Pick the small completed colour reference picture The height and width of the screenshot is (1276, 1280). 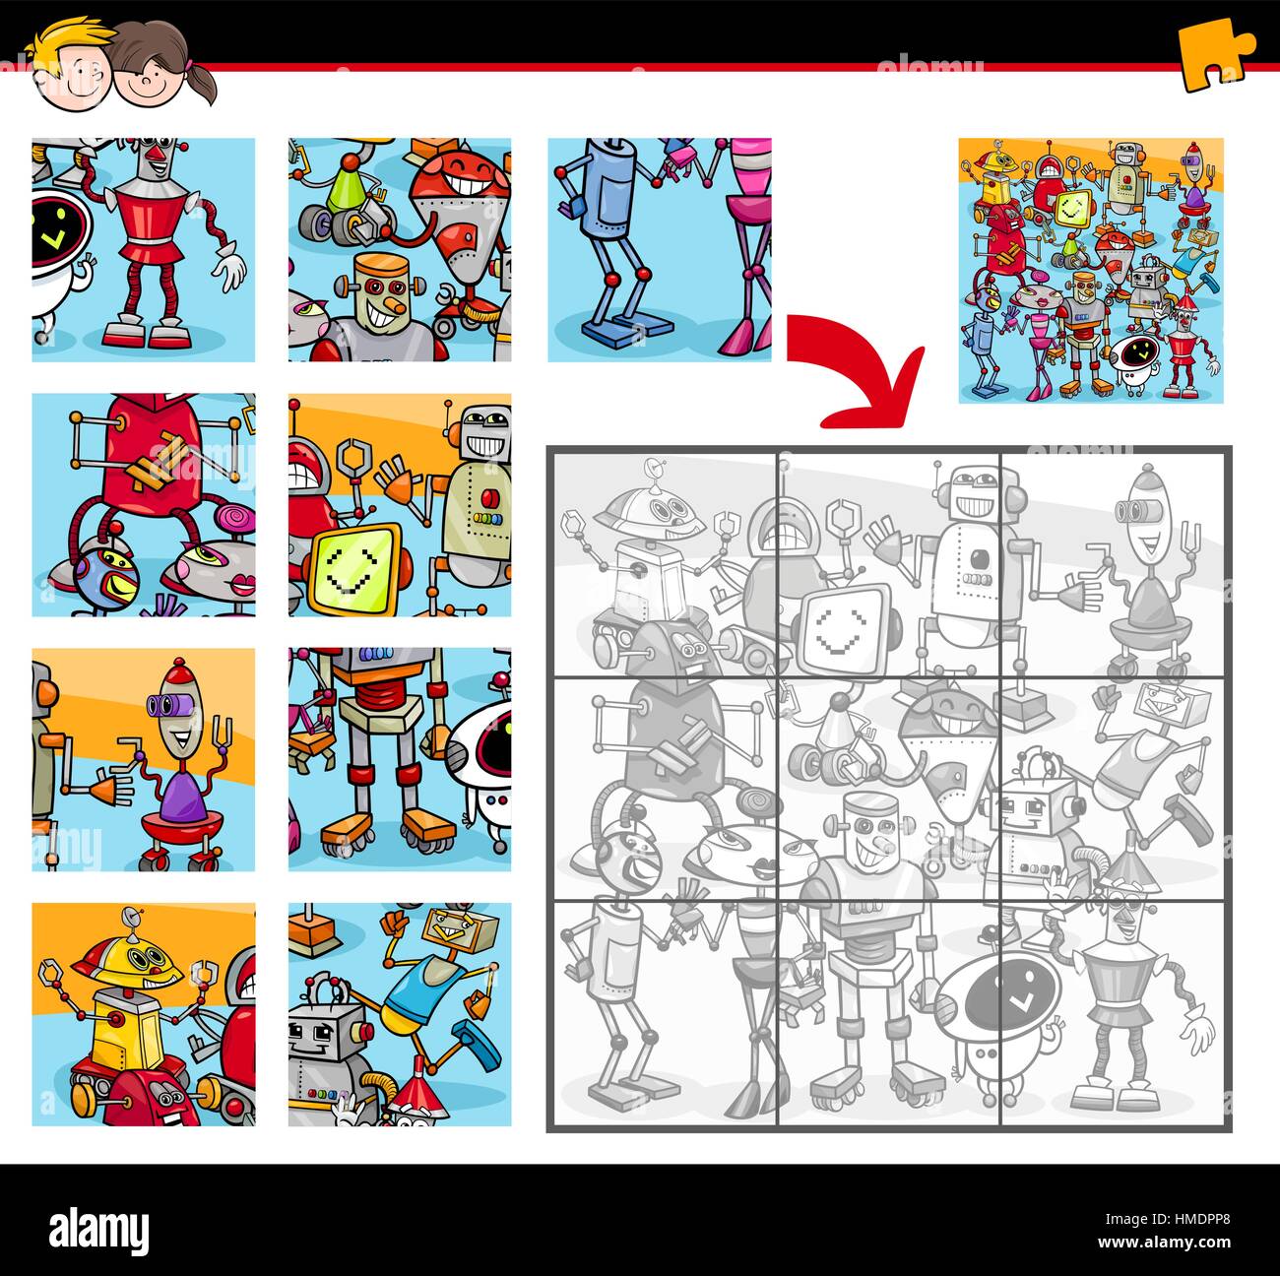pos(1090,269)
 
